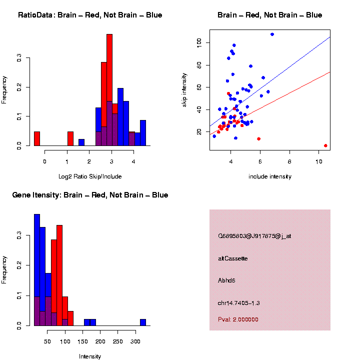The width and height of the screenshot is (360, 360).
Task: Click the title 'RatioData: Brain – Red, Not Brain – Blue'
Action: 90,15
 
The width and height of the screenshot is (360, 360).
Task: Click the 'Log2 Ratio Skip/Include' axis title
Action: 90,176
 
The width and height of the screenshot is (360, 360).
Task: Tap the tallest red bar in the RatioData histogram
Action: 109,90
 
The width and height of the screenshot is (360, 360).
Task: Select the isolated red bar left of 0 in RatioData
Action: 36,138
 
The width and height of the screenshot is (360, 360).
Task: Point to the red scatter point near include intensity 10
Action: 325,145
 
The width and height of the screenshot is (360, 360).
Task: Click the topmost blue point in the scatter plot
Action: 272,34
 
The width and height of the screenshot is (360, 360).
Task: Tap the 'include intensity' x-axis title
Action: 270,176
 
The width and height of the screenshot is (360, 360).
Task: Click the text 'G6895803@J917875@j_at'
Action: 254,235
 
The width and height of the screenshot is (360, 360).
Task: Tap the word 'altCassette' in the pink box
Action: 233,258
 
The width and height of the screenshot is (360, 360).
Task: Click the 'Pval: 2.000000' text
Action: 238,319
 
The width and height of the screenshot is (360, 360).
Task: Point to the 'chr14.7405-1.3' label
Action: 238,303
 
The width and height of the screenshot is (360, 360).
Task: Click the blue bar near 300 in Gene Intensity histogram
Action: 143,322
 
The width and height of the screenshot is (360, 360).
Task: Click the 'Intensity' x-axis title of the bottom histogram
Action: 90,356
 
